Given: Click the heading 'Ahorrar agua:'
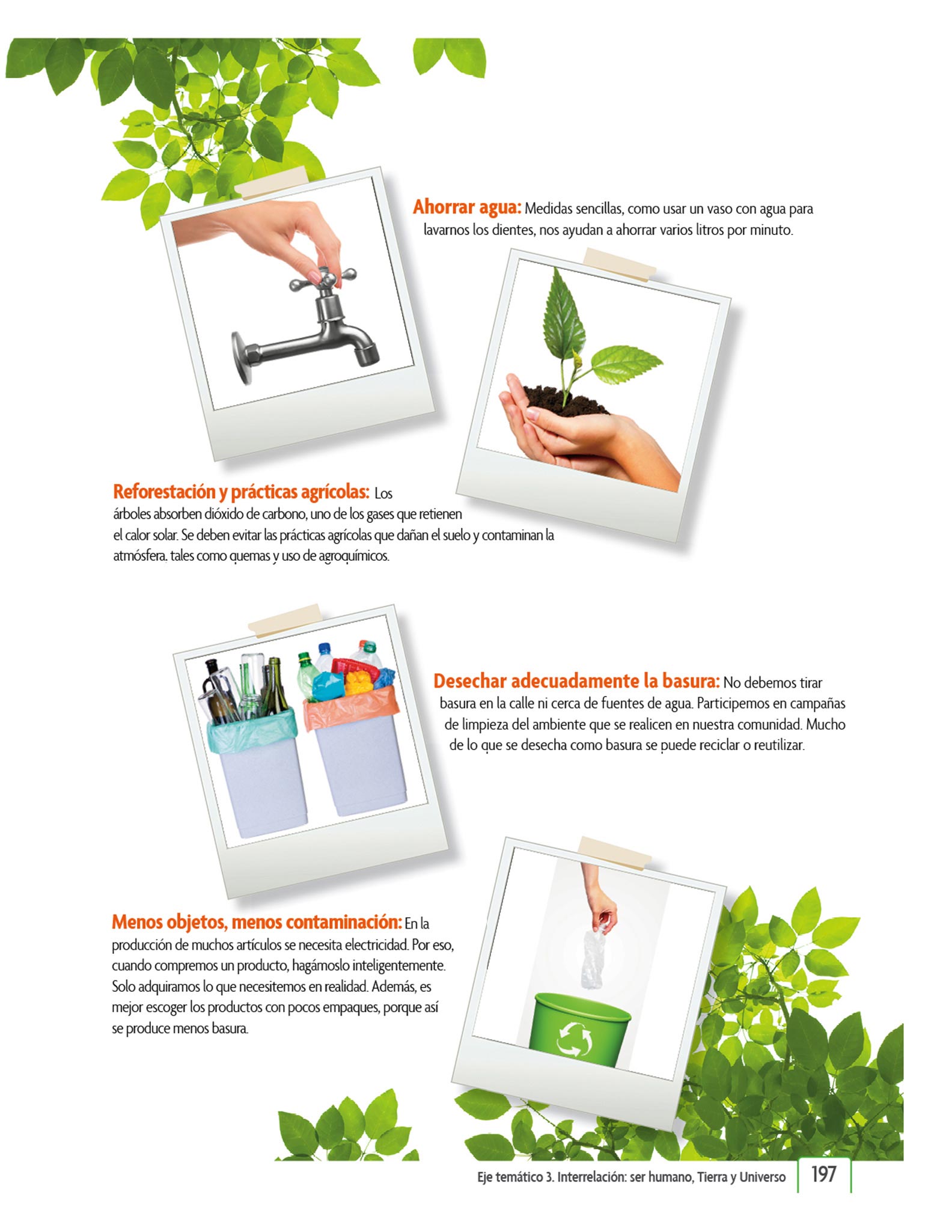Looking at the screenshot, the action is pyautogui.click(x=466, y=207).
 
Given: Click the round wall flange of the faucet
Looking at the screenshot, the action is pyautogui.click(x=241, y=358).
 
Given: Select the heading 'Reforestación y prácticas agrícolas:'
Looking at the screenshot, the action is pyautogui.click(x=241, y=492).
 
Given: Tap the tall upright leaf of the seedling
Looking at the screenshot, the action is pyautogui.click(x=564, y=314).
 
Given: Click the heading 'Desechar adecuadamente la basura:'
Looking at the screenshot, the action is pyautogui.click(x=576, y=681).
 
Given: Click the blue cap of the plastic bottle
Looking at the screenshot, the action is pyautogui.click(x=325, y=649).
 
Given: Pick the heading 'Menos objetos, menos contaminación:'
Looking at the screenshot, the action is pyautogui.click(x=257, y=921).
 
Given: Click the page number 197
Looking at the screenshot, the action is pyautogui.click(x=823, y=1174).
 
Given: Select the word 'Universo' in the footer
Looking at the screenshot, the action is pyautogui.click(x=762, y=1177).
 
